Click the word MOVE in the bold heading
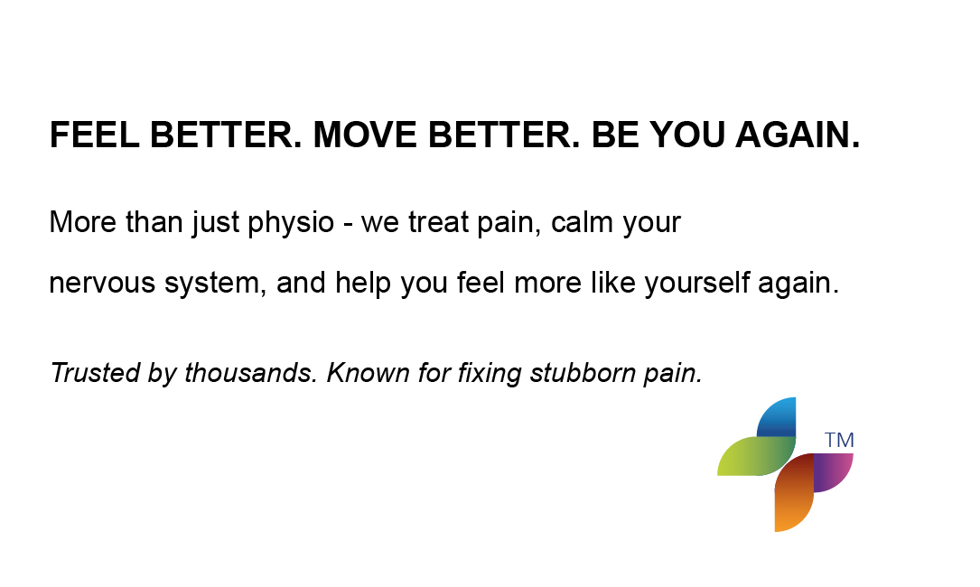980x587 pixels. coord(364,135)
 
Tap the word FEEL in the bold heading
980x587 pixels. coord(94,135)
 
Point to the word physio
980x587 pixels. coord(291,223)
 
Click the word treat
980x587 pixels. coord(438,222)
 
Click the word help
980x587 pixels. coord(362,284)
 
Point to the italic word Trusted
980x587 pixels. coord(95,373)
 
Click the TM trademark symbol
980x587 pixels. coord(839,440)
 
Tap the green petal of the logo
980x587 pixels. coord(757,456)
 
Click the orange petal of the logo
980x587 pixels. coord(794,492)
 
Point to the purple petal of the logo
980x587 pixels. coord(833,472)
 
